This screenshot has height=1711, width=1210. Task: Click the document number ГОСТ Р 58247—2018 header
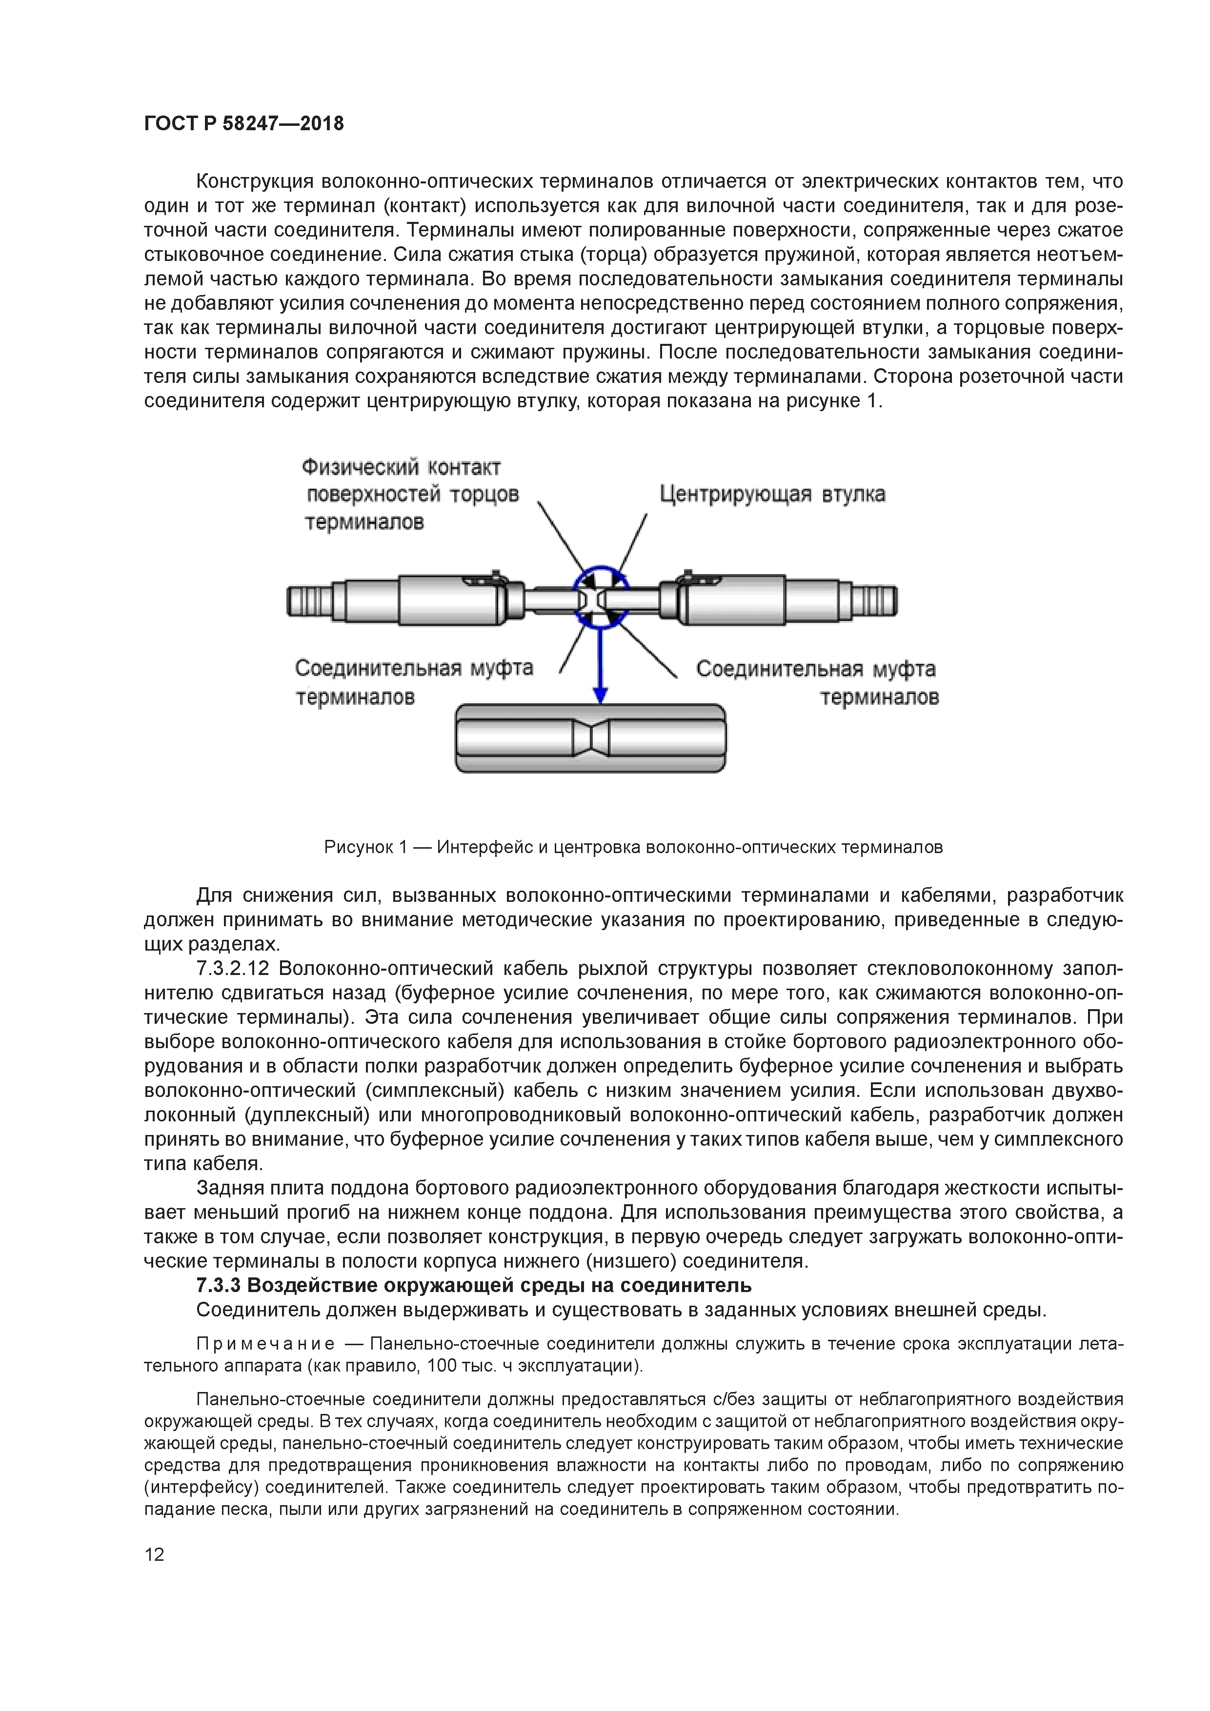244,124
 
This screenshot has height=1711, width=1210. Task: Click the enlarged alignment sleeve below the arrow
514,738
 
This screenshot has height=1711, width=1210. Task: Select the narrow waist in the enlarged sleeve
590,738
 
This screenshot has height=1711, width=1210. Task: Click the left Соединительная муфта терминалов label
414,682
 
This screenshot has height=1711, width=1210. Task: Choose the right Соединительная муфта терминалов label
816,682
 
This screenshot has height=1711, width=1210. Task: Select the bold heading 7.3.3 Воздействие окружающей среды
473,1285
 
